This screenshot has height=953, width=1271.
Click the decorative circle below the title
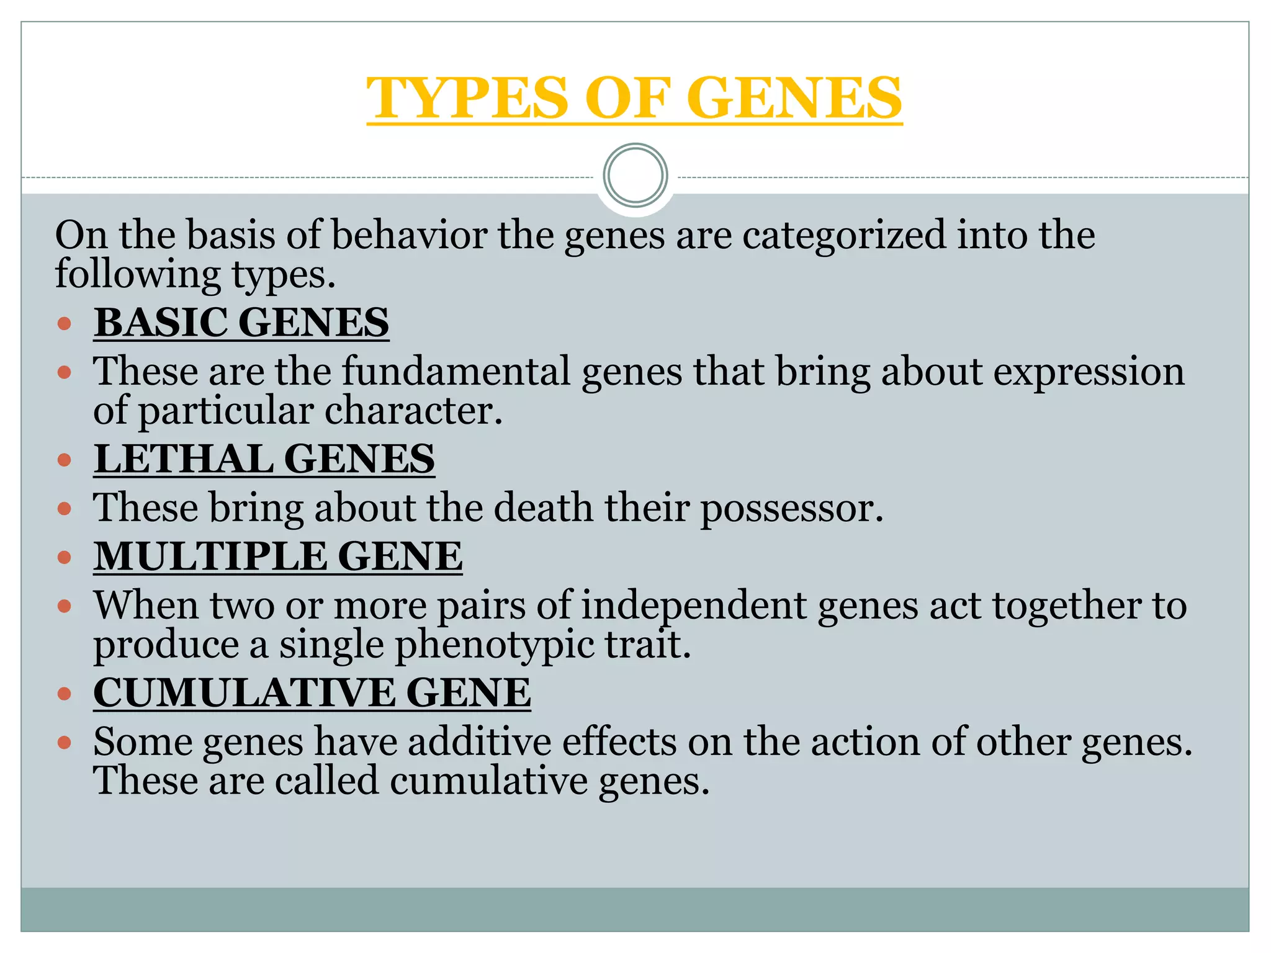(x=635, y=176)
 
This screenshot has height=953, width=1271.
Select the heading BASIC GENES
(x=241, y=323)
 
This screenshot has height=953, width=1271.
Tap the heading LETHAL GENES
(x=264, y=459)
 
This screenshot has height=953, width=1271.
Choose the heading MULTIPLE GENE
(x=277, y=556)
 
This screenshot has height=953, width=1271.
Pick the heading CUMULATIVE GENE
(x=312, y=692)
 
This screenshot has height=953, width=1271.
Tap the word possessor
(x=791, y=508)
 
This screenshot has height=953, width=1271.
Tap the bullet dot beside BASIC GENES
(x=65, y=323)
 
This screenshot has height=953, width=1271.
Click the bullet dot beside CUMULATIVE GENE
(x=65, y=693)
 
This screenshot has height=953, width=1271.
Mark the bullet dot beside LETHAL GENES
(x=65, y=460)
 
